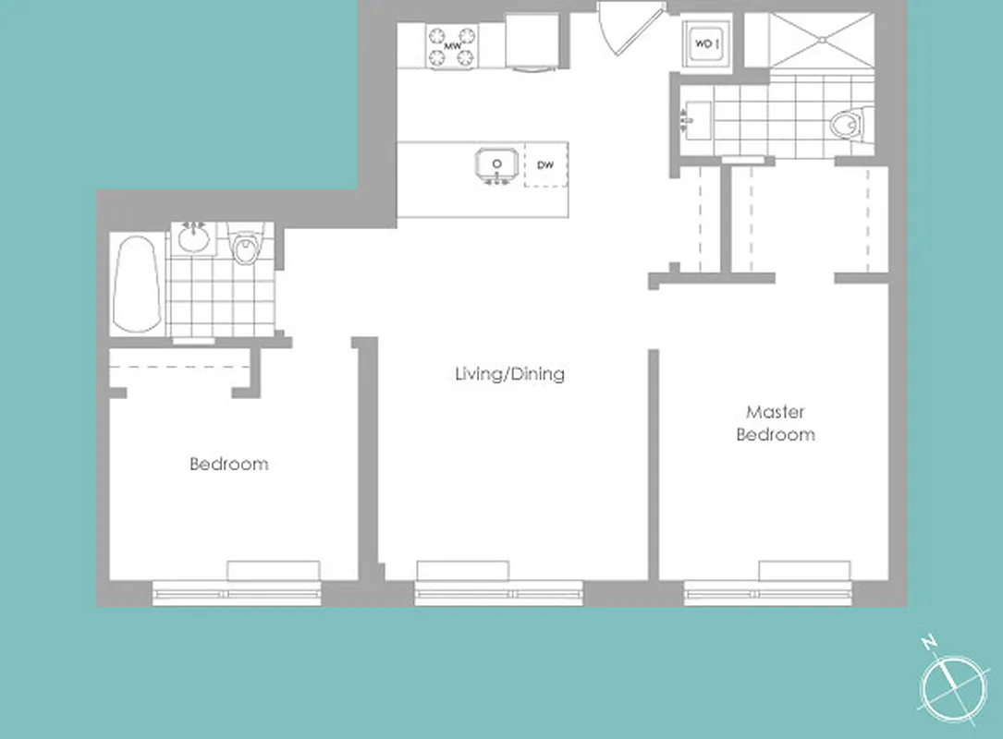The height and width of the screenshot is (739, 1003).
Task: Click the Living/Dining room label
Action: click(509, 374)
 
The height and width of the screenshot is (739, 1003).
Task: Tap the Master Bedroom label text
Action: click(775, 423)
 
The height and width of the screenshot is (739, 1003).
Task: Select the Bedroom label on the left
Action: click(228, 464)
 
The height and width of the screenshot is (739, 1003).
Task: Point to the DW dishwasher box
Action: click(545, 165)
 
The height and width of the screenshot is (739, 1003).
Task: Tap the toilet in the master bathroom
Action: click(849, 124)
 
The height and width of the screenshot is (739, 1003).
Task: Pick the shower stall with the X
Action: click(821, 41)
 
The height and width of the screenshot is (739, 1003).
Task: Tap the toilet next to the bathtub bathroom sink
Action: click(246, 246)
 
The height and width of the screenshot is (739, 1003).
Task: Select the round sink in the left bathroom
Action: click(194, 238)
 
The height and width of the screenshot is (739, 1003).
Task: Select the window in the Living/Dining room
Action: click(499, 594)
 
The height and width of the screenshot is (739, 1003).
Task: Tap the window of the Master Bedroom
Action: click(767, 594)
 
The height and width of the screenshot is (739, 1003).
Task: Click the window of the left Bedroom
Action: click(237, 594)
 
